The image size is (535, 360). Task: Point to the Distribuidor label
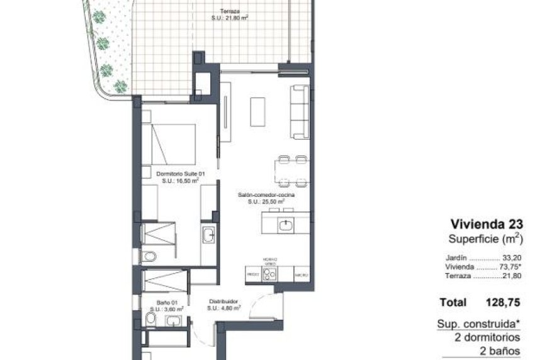223,302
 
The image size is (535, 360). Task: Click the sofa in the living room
300,112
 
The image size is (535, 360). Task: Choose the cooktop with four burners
270,274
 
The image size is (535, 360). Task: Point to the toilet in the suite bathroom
149,256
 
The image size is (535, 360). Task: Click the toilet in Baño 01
150,321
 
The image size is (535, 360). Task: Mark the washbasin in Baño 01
173,322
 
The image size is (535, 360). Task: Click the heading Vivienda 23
487,223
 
